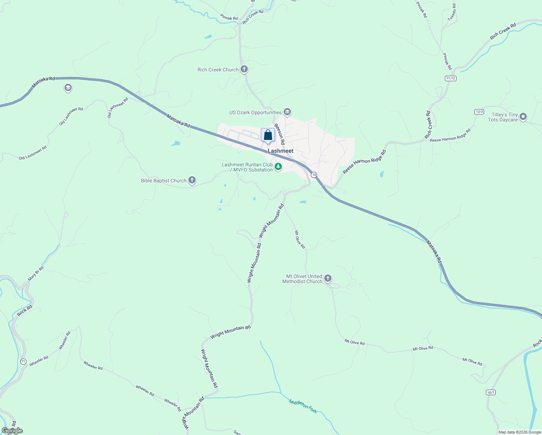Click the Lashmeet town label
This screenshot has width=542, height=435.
pyautogui.click(x=280, y=151)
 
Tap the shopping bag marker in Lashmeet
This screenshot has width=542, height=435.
pyautogui.click(x=268, y=135)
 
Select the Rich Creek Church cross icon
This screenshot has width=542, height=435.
pyautogui.click(x=244, y=69)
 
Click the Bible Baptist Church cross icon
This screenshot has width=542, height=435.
pyautogui.click(x=192, y=180)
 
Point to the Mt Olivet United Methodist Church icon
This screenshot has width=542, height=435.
pyautogui.click(x=328, y=278)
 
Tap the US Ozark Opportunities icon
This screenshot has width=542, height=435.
pyautogui.click(x=287, y=112)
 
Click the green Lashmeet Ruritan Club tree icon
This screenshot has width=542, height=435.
pyautogui.click(x=278, y=167)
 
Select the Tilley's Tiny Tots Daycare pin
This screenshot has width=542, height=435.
pyautogui.click(x=523, y=117)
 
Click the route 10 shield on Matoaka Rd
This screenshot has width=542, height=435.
pyautogui.click(x=314, y=175)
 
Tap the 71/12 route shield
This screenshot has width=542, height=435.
pyautogui.click(x=450, y=78)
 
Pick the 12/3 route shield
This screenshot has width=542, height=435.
pyautogui.click(x=479, y=112)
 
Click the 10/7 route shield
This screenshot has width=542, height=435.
pyautogui.click(x=491, y=393)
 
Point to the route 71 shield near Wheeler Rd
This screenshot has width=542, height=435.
pyautogui.click(x=23, y=361)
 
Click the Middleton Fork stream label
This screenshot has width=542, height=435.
pyautogui.click(x=303, y=406)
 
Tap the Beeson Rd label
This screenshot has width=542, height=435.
pyautogui.click(x=279, y=134)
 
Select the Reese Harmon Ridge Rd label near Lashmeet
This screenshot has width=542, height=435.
pyautogui.click(x=364, y=162)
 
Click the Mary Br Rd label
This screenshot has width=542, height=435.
pyautogui.click(x=36, y=274)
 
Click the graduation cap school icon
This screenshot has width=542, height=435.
pyautogui.click(x=68, y=88)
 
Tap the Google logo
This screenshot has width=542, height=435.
pyautogui.click(x=12, y=431)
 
